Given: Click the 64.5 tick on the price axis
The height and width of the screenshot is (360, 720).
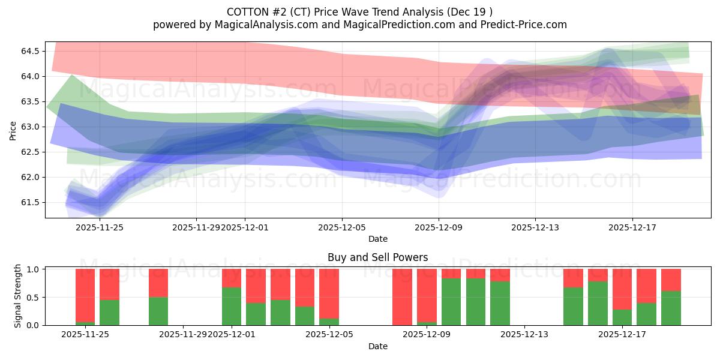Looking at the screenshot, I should pos(29,51).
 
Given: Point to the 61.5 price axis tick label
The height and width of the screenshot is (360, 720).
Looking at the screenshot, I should pos(29,202).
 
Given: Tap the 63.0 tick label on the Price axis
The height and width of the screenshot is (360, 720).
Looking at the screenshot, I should pos(29,127).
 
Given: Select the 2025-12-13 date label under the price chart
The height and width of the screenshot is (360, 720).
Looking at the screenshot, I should pos(535,227).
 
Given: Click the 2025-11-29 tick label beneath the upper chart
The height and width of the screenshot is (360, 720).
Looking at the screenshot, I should pos(196,227).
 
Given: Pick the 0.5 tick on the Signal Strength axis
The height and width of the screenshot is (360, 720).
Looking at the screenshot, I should pos(32,297).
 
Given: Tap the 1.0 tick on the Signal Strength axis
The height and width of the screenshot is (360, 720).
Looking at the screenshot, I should pos(32,269).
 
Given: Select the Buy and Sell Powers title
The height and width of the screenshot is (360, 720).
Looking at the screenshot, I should pos(377,257).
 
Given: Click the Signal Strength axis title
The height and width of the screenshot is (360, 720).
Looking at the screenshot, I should pos(18,296).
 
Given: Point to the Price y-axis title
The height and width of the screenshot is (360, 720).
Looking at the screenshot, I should pos(13,130).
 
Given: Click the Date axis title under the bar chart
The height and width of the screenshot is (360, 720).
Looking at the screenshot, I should pos(377,346).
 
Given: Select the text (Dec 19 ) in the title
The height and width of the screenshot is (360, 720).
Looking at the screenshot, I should pos(472,12).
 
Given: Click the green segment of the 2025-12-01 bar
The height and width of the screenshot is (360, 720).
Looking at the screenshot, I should pos(232,306).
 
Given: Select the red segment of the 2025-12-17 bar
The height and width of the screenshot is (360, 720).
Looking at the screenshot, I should pos(622,289).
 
